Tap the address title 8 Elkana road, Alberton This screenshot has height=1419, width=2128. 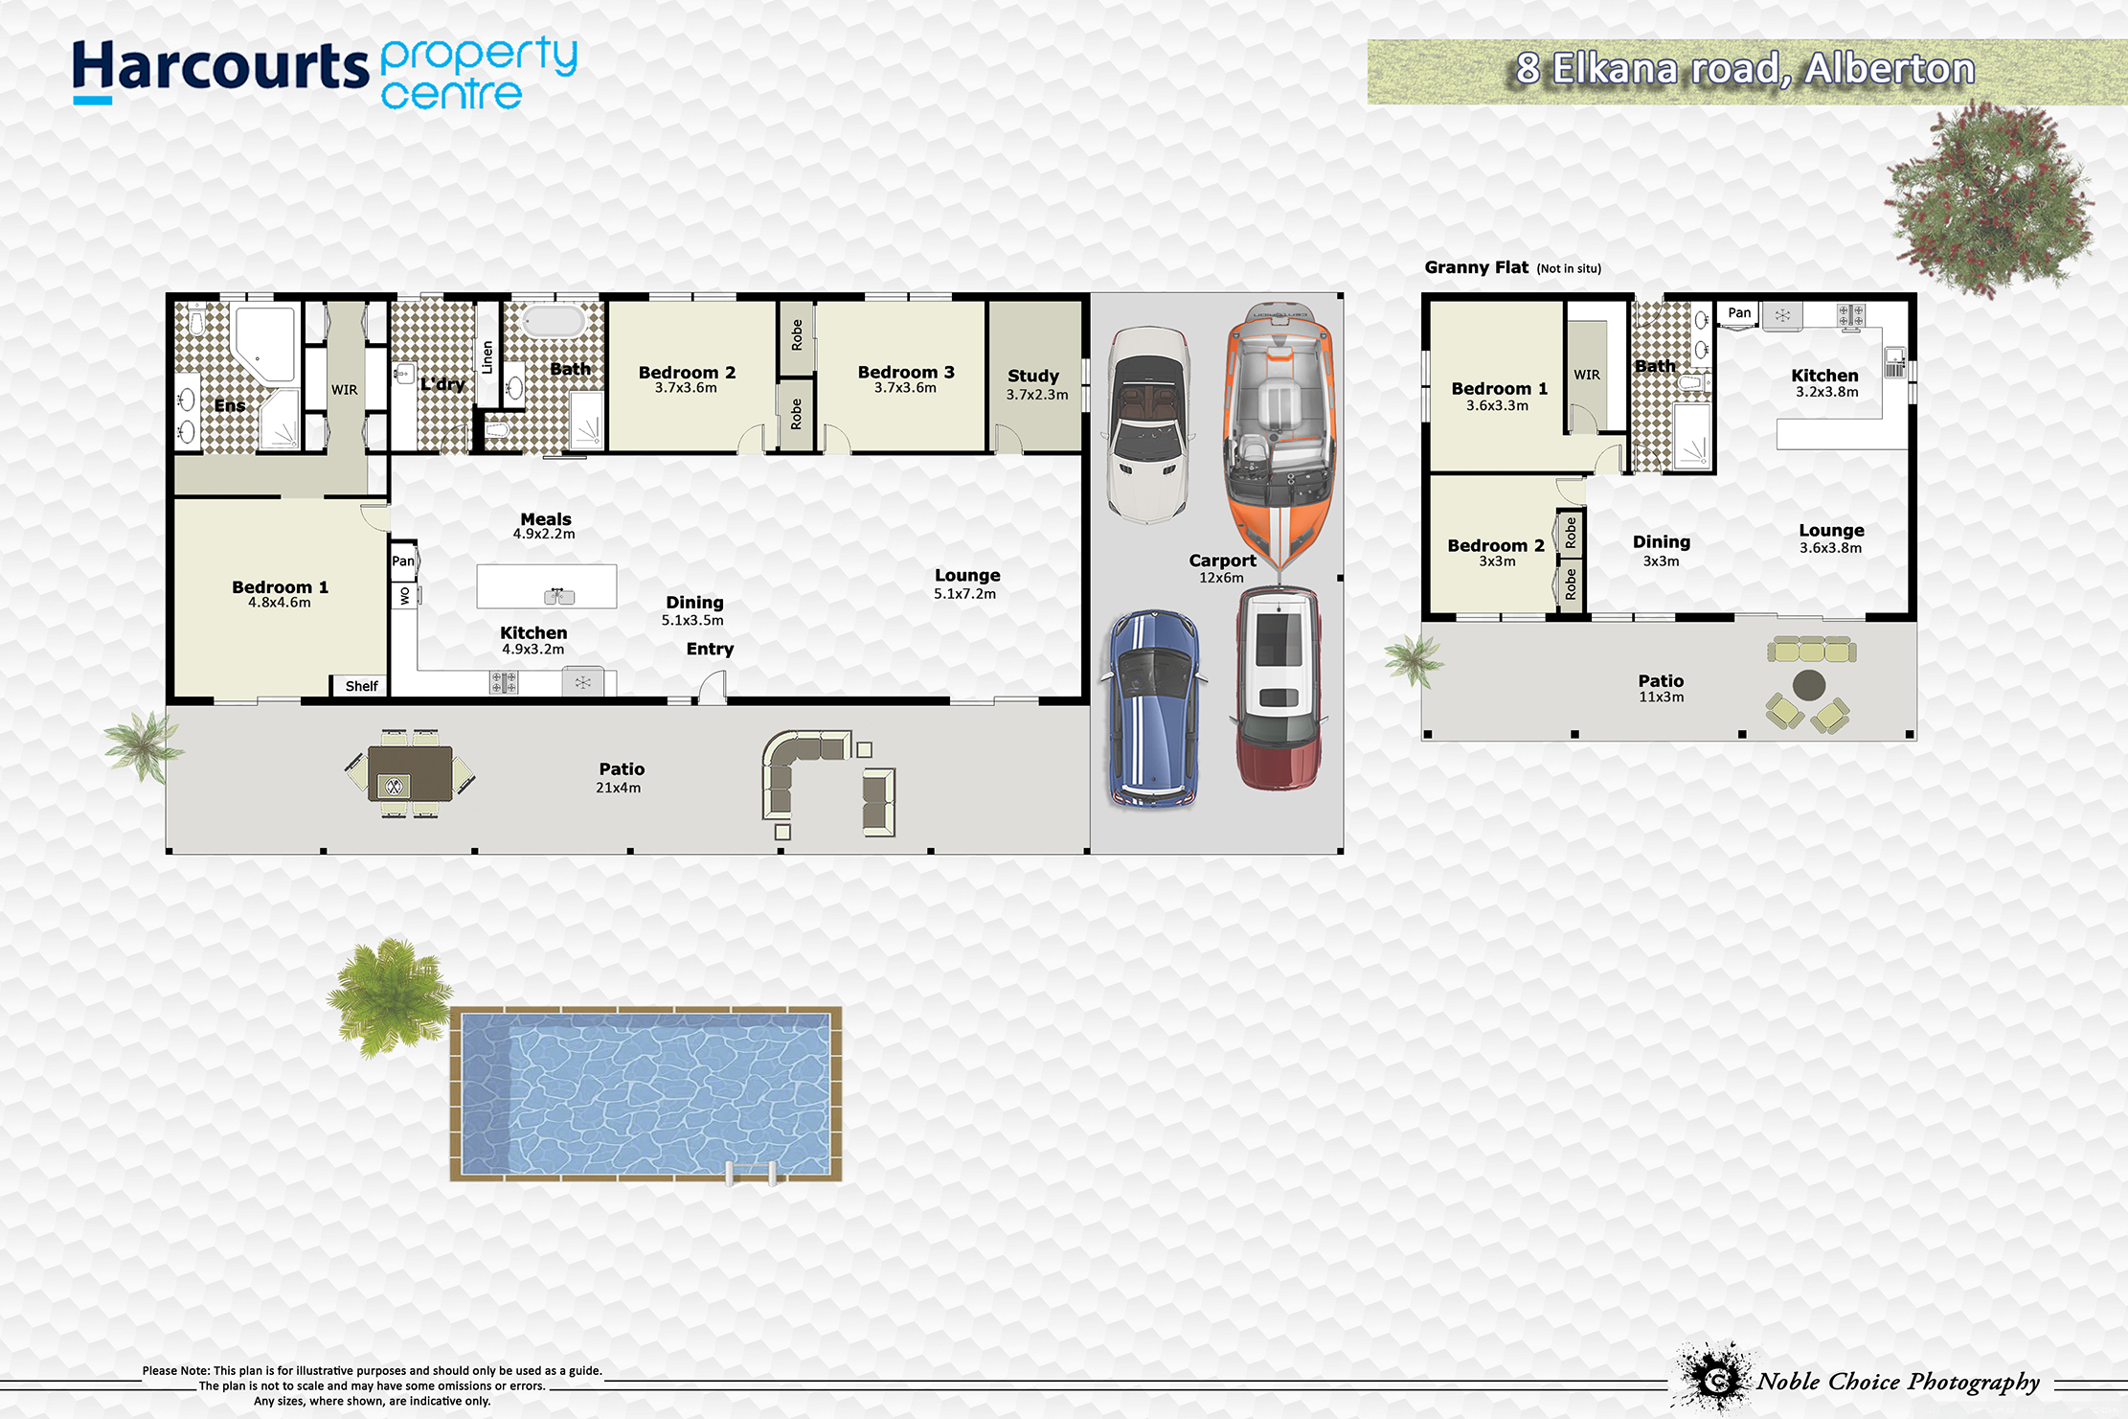click(1745, 69)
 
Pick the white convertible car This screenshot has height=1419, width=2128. click(1149, 424)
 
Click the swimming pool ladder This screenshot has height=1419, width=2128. click(752, 1173)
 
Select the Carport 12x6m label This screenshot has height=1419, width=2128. click(1222, 568)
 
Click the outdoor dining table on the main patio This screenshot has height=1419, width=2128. click(410, 774)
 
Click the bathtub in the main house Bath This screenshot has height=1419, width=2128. click(554, 321)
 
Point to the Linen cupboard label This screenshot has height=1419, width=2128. click(487, 357)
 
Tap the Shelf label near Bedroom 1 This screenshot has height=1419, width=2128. click(361, 686)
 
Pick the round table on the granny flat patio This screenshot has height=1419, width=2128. click(1808, 686)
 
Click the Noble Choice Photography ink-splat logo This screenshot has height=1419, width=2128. click(1714, 1377)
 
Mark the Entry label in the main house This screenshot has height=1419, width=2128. click(710, 649)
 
